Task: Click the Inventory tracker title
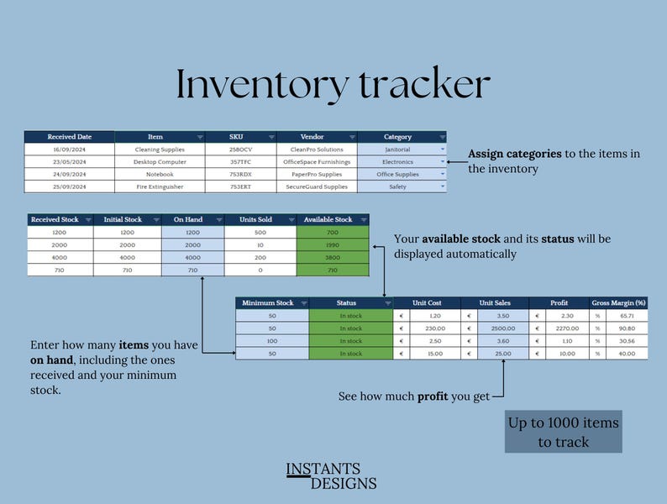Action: [x=333, y=85]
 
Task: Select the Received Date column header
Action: [x=69, y=137]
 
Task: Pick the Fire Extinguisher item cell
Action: [x=160, y=186]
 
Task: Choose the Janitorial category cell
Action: [x=397, y=150]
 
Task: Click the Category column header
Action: [x=397, y=137]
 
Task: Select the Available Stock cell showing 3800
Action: [x=333, y=258]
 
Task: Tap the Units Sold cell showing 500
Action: [x=260, y=233]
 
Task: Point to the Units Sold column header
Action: [x=260, y=220]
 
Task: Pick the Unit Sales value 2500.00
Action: [x=503, y=328]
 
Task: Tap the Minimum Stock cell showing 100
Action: [x=272, y=341]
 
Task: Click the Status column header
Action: [x=346, y=303]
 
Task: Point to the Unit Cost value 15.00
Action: [x=435, y=354]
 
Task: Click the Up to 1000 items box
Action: [x=563, y=432]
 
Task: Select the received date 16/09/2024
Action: [x=69, y=150]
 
